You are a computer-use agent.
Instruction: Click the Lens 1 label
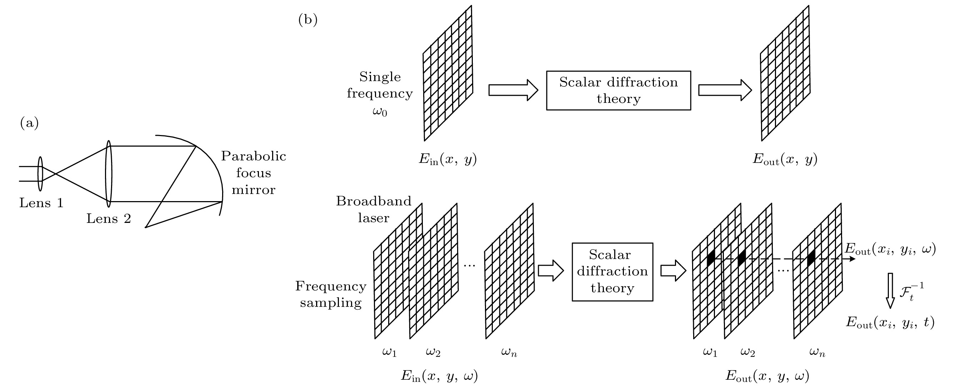pyautogui.click(x=41, y=203)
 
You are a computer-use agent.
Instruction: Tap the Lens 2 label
pyautogui.click(x=109, y=219)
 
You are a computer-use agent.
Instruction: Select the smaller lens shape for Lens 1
pyautogui.click(x=40, y=174)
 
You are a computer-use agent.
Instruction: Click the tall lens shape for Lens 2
pyautogui.click(x=109, y=174)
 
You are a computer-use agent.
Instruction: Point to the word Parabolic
pyautogui.click(x=254, y=156)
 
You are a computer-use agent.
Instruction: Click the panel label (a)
pyautogui.click(x=29, y=123)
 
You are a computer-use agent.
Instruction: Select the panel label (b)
pyautogui.click(x=308, y=20)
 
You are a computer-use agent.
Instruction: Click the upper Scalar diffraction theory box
pyautogui.click(x=618, y=91)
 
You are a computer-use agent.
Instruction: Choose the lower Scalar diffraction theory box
pyautogui.click(x=612, y=272)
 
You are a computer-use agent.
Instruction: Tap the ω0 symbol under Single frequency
pyautogui.click(x=380, y=111)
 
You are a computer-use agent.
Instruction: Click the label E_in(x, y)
pyautogui.click(x=447, y=159)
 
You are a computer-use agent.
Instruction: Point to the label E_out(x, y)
pyautogui.click(x=785, y=159)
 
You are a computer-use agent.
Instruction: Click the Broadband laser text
pyautogui.click(x=374, y=209)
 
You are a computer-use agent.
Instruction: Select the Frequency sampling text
pyautogui.click(x=331, y=294)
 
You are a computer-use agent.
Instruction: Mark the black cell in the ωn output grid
pyautogui.click(x=811, y=258)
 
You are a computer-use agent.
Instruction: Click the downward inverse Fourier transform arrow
pyautogui.click(x=890, y=291)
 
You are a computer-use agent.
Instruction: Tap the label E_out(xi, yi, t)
pyautogui.click(x=890, y=322)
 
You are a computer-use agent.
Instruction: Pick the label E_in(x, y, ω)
pyautogui.click(x=439, y=376)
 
